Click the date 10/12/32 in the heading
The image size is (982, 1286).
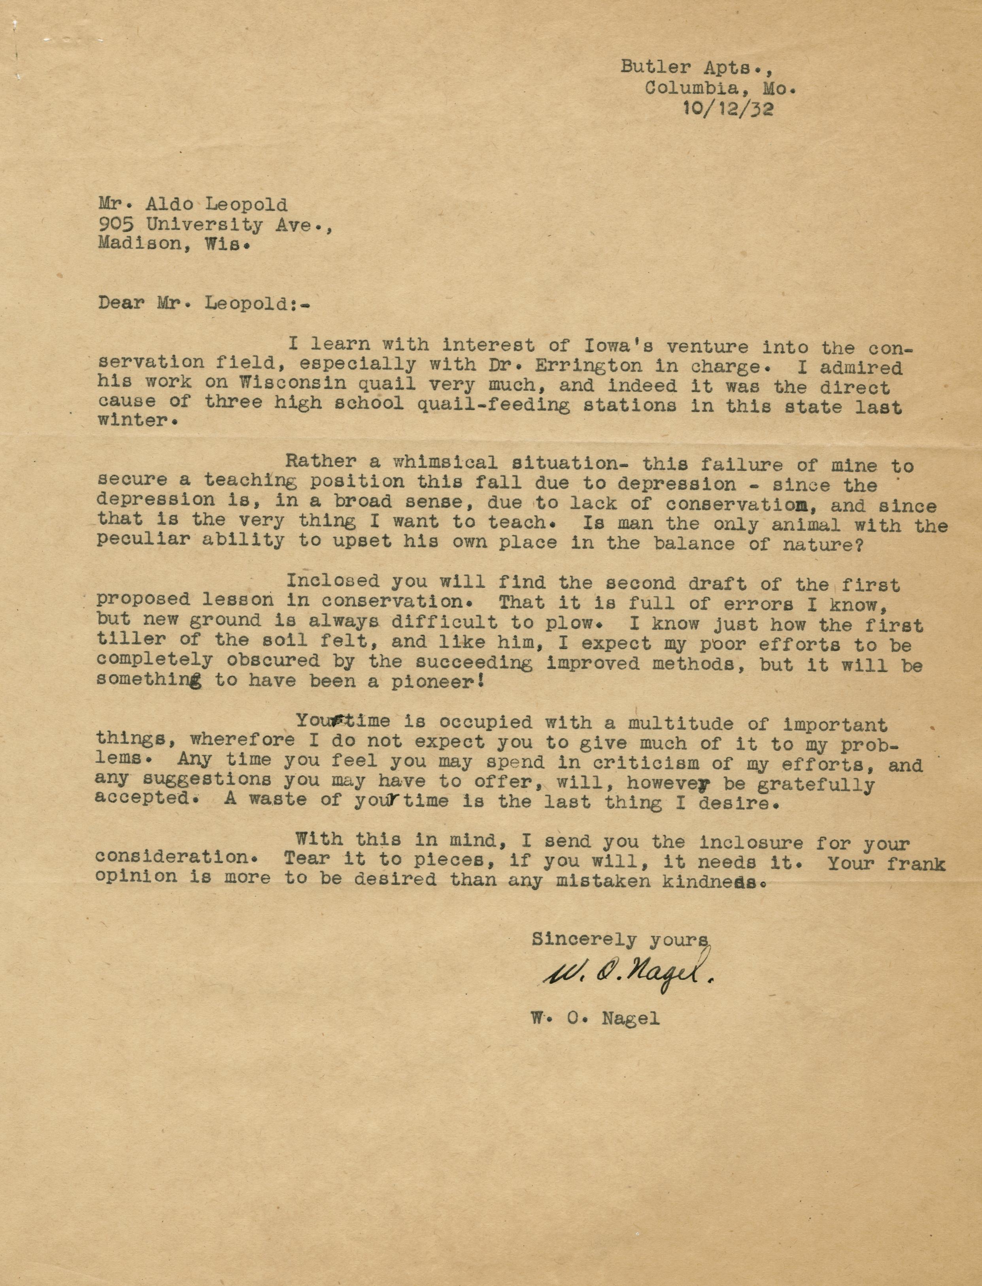click(728, 109)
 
